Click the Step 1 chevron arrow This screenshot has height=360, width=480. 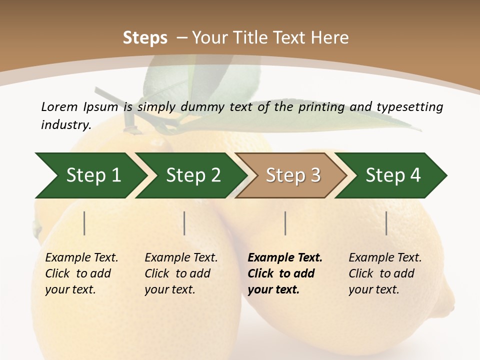90,175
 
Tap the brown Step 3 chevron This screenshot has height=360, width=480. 292,175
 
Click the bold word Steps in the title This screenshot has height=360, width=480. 145,38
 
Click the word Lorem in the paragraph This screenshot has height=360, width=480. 59,106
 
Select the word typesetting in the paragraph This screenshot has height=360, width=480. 409,106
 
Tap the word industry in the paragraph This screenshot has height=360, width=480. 65,124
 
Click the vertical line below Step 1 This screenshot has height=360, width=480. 84,223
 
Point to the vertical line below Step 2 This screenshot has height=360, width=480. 184,223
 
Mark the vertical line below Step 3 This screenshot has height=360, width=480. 285,223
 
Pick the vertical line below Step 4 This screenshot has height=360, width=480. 386,223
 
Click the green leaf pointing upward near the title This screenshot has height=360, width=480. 170,85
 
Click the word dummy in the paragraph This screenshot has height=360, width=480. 202,106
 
